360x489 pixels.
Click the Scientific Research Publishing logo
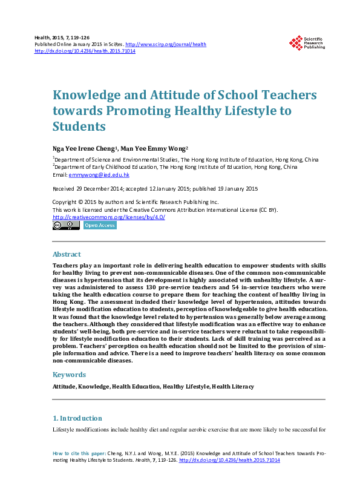click(x=307, y=42)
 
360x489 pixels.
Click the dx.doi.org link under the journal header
click(x=85, y=51)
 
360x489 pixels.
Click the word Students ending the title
click(x=79, y=126)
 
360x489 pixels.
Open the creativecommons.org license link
click(x=109, y=217)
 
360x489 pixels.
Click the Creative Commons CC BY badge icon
click(x=66, y=225)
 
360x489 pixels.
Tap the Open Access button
click(x=99, y=225)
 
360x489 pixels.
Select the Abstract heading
click(x=67, y=254)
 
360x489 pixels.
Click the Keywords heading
click(x=69, y=374)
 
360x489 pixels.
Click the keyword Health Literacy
click(x=233, y=386)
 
